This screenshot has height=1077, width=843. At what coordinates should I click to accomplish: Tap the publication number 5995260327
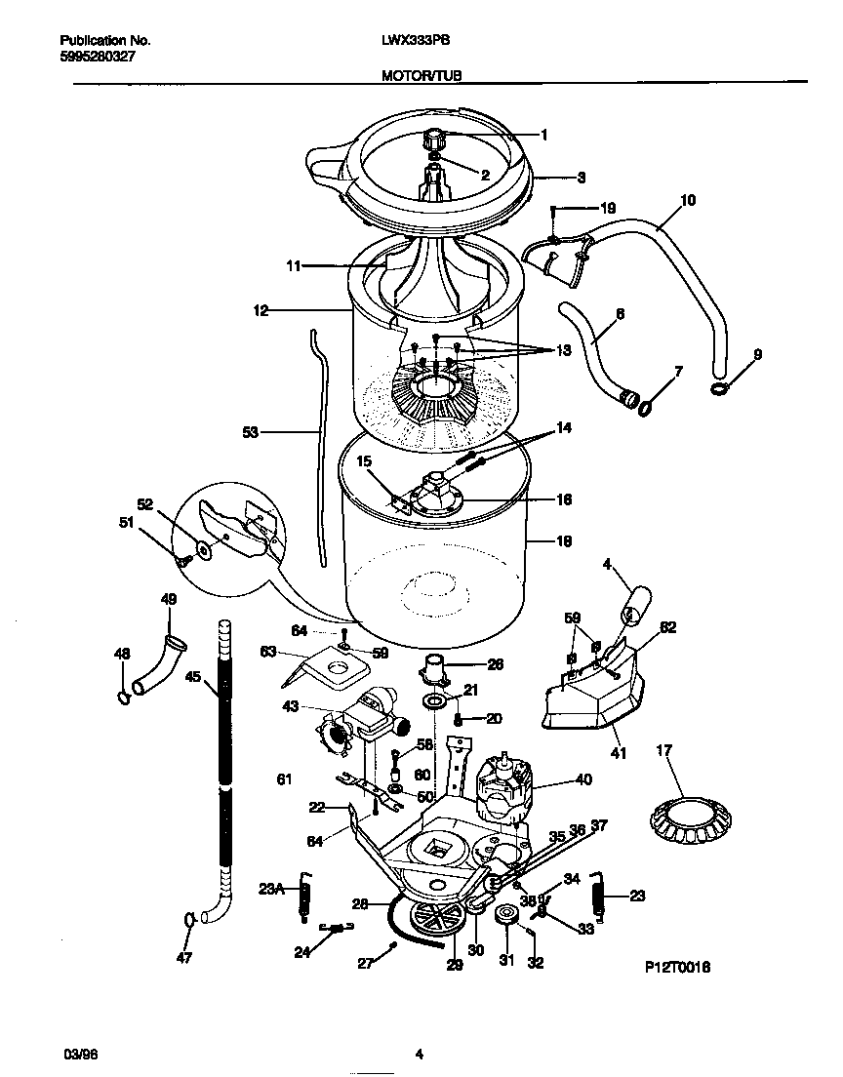click(98, 57)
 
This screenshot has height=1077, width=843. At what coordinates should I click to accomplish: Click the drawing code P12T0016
click(677, 967)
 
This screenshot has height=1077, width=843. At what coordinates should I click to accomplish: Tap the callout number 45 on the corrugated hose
click(193, 678)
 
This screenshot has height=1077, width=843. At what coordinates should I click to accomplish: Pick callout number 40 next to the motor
click(583, 778)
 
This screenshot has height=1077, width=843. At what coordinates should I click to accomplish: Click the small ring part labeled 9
click(718, 390)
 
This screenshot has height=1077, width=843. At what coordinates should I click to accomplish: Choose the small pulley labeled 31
click(506, 916)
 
